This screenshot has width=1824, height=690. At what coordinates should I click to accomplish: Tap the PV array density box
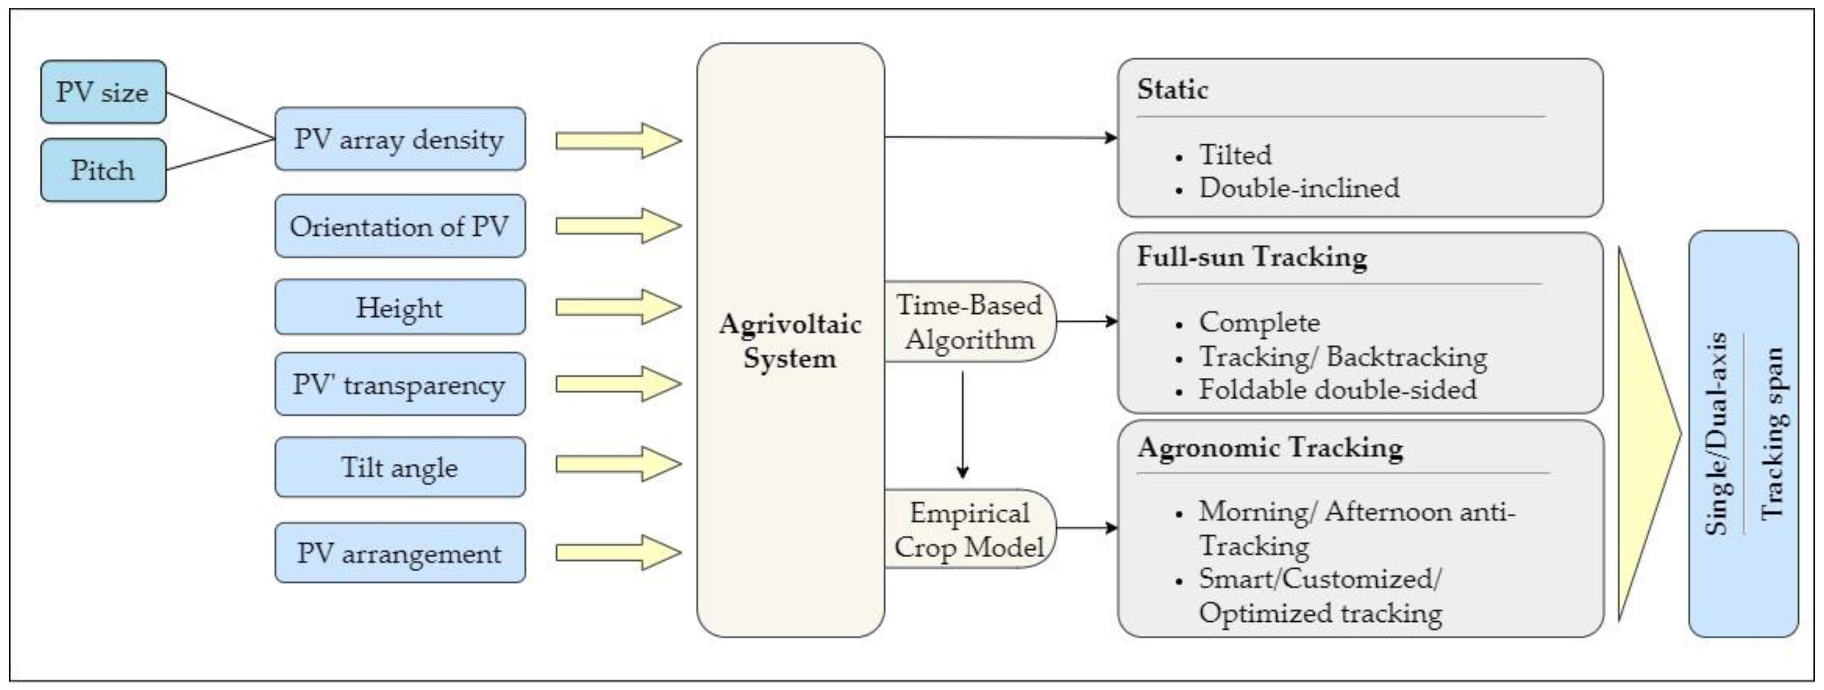[x=399, y=139]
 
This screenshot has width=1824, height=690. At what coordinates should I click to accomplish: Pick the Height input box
[x=399, y=307]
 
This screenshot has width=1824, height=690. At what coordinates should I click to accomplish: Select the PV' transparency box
[x=399, y=384]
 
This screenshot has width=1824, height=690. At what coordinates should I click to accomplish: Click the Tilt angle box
[x=399, y=467]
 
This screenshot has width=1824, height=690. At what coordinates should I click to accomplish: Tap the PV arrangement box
[x=399, y=553]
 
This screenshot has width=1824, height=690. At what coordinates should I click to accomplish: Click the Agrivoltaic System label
[x=790, y=341]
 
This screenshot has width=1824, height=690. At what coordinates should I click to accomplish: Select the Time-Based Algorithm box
[x=969, y=322]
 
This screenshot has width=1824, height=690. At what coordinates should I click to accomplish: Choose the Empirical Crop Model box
[x=969, y=529]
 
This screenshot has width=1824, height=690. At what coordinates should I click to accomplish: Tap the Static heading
[x=1172, y=90]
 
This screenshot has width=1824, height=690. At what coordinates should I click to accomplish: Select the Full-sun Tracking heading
[x=1251, y=256]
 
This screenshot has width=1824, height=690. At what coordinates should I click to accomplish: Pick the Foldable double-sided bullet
[x=1337, y=389]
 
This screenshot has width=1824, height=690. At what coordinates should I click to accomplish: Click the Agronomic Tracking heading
[x=1270, y=447]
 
